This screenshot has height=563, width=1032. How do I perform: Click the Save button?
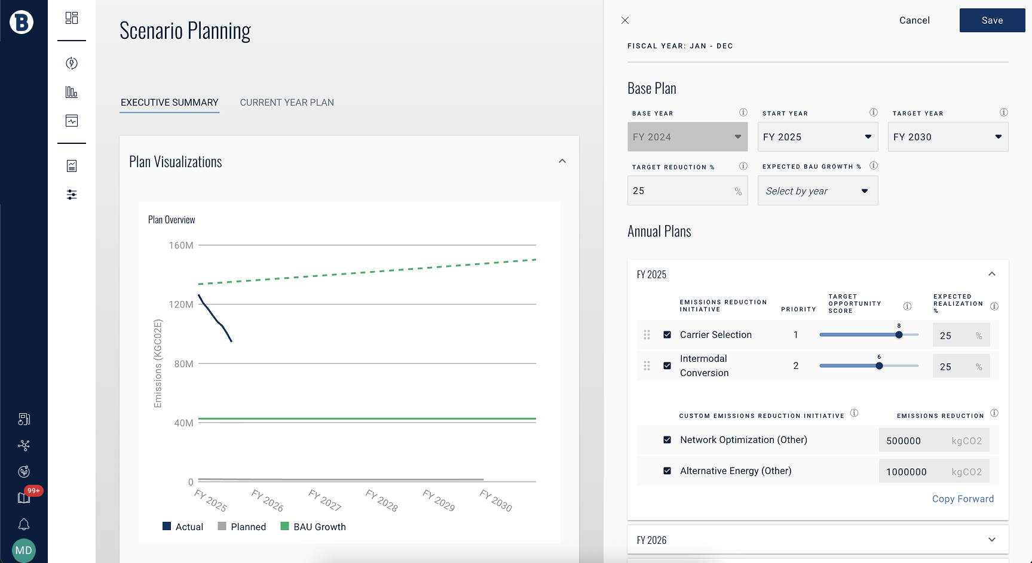[992, 20]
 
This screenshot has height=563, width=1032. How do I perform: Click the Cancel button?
[914, 20]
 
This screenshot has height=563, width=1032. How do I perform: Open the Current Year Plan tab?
[287, 103]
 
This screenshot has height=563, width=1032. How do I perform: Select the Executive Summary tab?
[170, 103]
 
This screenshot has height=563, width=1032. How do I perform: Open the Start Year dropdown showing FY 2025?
[817, 137]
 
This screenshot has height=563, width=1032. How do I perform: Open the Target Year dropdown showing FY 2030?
[948, 137]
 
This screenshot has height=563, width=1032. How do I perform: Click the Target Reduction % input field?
[681, 191]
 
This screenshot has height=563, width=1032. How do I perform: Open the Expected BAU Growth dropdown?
[817, 191]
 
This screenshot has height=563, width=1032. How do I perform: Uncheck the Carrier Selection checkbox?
[667, 335]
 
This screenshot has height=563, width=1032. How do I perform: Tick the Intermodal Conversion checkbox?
[667, 366]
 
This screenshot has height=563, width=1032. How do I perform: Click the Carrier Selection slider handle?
[899, 335]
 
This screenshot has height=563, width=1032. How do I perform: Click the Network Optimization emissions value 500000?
[904, 441]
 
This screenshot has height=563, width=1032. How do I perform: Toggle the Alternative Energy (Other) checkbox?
[667, 471]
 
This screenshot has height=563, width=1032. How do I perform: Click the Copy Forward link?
[963, 499]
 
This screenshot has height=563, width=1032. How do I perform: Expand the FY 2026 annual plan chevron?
[992, 540]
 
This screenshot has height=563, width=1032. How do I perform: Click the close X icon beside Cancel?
[625, 20]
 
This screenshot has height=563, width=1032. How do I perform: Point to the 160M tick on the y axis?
[181, 245]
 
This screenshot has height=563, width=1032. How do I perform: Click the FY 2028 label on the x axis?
[382, 500]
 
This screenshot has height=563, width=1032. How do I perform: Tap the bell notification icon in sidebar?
[24, 524]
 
